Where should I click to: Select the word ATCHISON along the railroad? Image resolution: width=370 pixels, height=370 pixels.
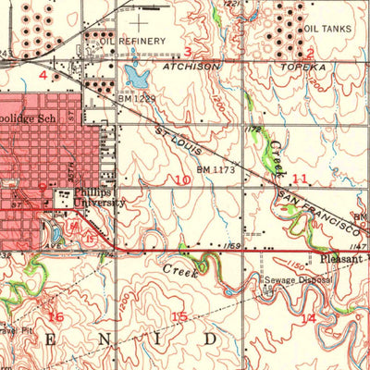191,68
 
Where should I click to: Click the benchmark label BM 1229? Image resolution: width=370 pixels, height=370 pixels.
136,97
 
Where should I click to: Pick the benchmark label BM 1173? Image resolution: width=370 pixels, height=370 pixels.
216,169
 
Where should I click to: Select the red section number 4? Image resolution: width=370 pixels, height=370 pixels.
43,73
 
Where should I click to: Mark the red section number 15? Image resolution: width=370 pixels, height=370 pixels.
179,317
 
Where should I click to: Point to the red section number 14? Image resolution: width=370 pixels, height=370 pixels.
308,317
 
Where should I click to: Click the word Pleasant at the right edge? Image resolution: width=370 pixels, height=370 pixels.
344,261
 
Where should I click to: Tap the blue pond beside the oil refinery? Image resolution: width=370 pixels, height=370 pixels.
136,72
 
